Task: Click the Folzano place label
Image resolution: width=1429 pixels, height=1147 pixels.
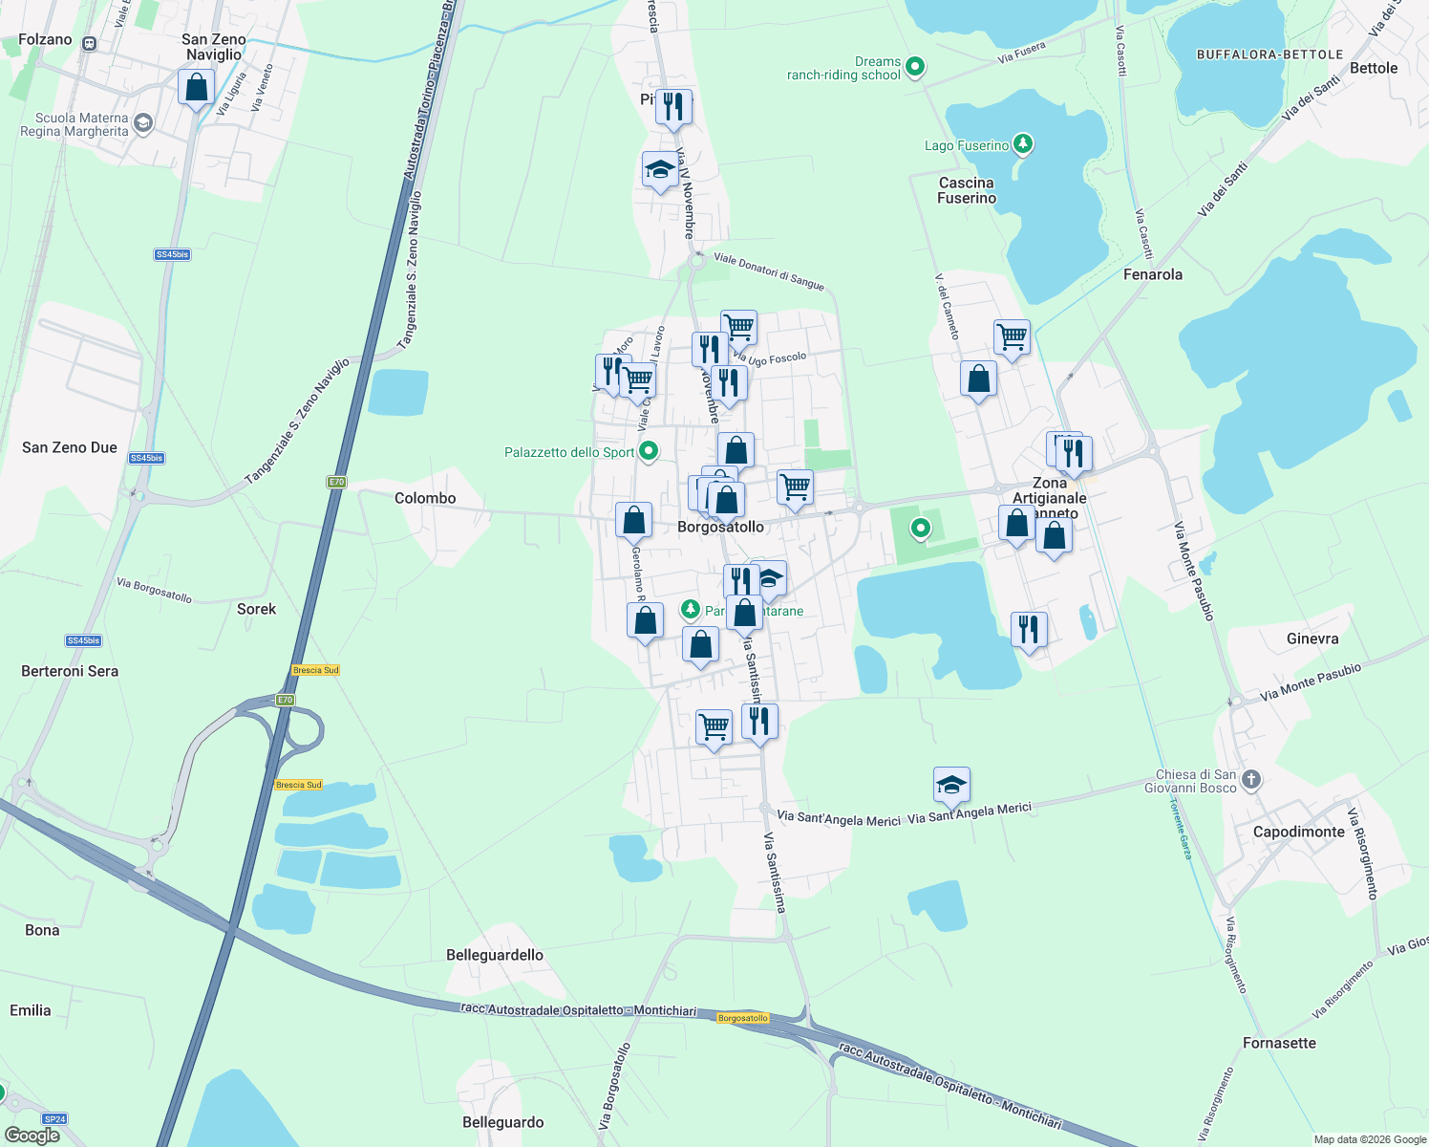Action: click(45, 39)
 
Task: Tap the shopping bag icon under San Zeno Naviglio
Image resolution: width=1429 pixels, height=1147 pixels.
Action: click(196, 88)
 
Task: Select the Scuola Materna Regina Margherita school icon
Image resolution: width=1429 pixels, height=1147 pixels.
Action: click(143, 123)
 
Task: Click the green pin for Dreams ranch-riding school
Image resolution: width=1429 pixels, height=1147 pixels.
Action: click(915, 67)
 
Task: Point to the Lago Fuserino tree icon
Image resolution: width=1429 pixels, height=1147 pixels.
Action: click(1023, 144)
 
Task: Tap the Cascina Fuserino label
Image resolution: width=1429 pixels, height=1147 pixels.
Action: click(966, 190)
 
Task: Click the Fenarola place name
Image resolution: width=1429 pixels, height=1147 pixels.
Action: click(1152, 274)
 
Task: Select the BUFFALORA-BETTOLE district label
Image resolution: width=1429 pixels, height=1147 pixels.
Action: click(1269, 54)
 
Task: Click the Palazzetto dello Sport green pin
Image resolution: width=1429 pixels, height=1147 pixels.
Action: click(649, 451)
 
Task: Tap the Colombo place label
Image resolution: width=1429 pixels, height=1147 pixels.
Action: click(425, 498)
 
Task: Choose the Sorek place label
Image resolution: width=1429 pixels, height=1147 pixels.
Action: click(256, 609)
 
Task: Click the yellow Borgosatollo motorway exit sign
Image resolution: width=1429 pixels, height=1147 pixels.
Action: click(742, 1018)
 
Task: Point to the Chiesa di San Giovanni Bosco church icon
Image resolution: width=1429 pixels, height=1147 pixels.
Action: click(1251, 780)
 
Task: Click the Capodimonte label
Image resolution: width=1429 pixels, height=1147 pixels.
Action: click(1298, 832)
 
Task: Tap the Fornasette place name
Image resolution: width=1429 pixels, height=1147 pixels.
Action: click(1279, 1043)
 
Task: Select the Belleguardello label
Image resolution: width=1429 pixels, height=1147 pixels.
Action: click(494, 955)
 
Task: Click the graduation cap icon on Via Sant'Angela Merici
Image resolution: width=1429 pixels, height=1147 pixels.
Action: click(951, 786)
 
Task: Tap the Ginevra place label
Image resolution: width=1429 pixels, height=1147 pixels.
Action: click(1312, 638)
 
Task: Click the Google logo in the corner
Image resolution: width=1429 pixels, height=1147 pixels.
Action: click(32, 1135)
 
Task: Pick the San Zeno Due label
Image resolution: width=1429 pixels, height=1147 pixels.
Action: click(70, 447)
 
